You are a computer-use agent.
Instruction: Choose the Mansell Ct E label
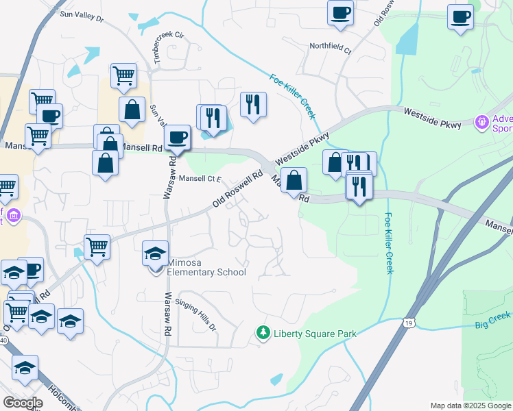click(x=201, y=179)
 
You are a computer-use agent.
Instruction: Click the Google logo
click(x=22, y=403)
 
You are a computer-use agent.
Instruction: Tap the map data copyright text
click(x=470, y=406)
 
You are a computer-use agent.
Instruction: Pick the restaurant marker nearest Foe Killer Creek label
click(x=253, y=105)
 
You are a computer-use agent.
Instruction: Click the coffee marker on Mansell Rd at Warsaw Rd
click(x=177, y=136)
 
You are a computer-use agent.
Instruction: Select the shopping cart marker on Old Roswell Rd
click(x=97, y=247)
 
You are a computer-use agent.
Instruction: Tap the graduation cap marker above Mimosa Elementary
click(x=155, y=253)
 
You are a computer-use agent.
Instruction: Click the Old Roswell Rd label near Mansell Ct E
click(x=237, y=189)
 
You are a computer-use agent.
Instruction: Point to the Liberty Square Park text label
click(x=315, y=334)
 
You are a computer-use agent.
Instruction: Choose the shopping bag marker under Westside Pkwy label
click(x=294, y=181)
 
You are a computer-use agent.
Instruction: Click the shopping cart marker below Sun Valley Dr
click(x=123, y=76)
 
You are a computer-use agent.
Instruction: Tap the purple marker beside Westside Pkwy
click(x=483, y=122)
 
